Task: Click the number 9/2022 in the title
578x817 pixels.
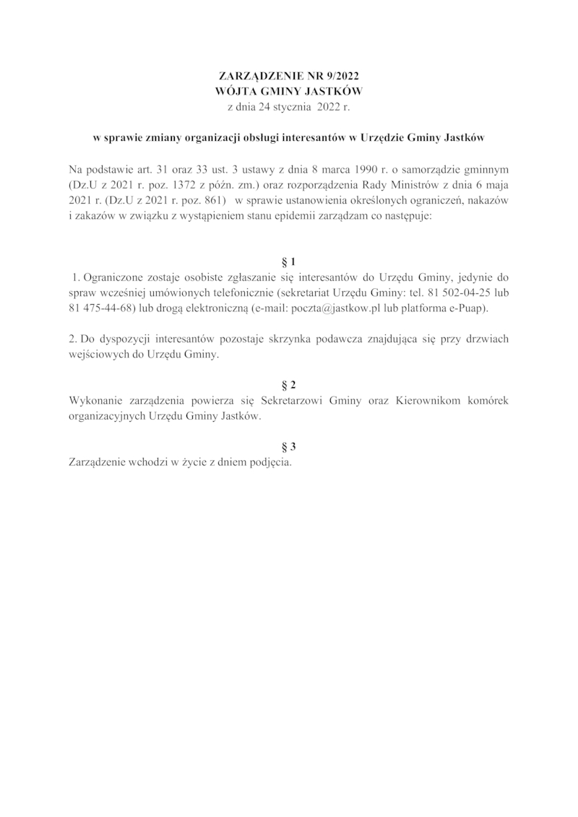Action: [x=340, y=76]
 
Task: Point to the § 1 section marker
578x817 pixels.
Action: [x=288, y=261]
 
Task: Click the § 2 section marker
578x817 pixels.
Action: [x=288, y=384]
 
